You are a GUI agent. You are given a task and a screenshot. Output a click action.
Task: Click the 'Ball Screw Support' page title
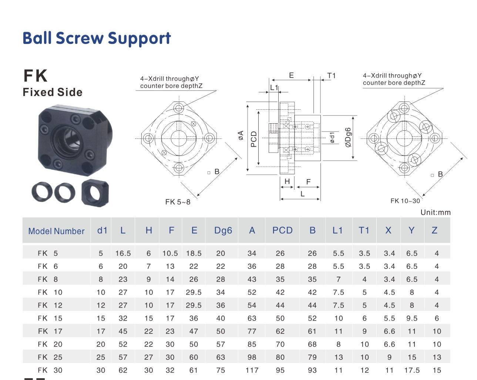point(97,38)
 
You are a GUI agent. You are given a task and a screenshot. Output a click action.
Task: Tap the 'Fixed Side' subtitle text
point(53,92)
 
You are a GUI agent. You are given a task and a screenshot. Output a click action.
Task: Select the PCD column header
point(282,230)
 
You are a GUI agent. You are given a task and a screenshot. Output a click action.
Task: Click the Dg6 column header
point(223,231)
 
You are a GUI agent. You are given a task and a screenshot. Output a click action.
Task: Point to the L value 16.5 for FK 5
point(123,253)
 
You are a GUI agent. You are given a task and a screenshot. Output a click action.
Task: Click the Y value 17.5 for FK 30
point(412,370)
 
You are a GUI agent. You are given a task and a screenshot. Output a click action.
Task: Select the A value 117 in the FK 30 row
point(252,370)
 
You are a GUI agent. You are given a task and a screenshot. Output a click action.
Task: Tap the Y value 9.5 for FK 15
point(412,318)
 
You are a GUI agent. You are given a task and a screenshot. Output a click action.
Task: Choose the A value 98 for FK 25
point(252,357)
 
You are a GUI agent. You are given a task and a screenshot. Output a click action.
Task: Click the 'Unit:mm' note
point(436,212)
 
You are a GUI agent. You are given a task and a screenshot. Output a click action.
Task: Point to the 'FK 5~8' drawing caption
point(178,202)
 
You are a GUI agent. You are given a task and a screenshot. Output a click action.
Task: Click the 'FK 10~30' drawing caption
point(405,201)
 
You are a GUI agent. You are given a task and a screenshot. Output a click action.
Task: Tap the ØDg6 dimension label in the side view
point(348,137)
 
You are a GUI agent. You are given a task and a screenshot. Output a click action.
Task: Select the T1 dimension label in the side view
point(332,76)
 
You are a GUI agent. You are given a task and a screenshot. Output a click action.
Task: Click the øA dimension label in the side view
point(241,135)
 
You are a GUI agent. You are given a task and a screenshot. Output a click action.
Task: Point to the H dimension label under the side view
point(287,181)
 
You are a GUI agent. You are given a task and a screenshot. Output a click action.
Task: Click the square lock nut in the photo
point(95,193)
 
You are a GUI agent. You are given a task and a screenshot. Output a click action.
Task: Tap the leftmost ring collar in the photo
point(42,192)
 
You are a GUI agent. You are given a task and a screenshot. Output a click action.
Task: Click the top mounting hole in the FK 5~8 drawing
point(179,108)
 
